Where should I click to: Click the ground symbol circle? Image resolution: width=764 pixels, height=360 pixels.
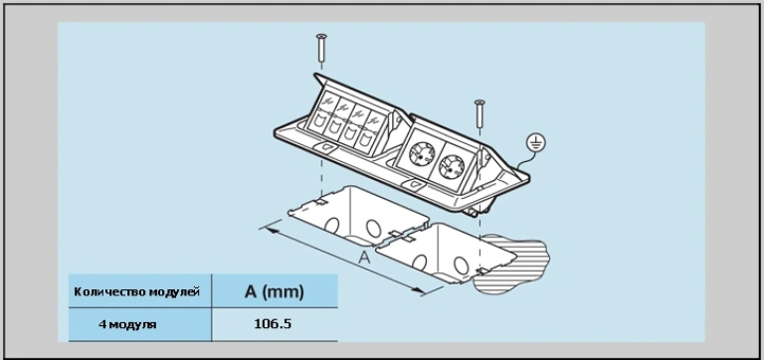click(536, 143)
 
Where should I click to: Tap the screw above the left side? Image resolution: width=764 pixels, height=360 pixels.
click(321, 48)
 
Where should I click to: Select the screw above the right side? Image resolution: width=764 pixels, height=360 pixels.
click(479, 113)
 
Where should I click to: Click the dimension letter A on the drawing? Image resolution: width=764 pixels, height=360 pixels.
click(364, 258)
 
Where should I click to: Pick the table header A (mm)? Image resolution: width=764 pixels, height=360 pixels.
click(275, 291)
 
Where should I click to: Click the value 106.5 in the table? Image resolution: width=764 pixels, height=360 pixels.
click(273, 324)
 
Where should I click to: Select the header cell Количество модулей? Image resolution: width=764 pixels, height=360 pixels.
click(137, 291)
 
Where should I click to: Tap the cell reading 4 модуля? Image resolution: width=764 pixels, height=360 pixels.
click(127, 324)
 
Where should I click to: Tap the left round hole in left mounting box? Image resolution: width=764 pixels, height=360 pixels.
click(332, 225)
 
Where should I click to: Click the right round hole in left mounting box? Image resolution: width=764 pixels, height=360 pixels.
click(374, 229)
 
